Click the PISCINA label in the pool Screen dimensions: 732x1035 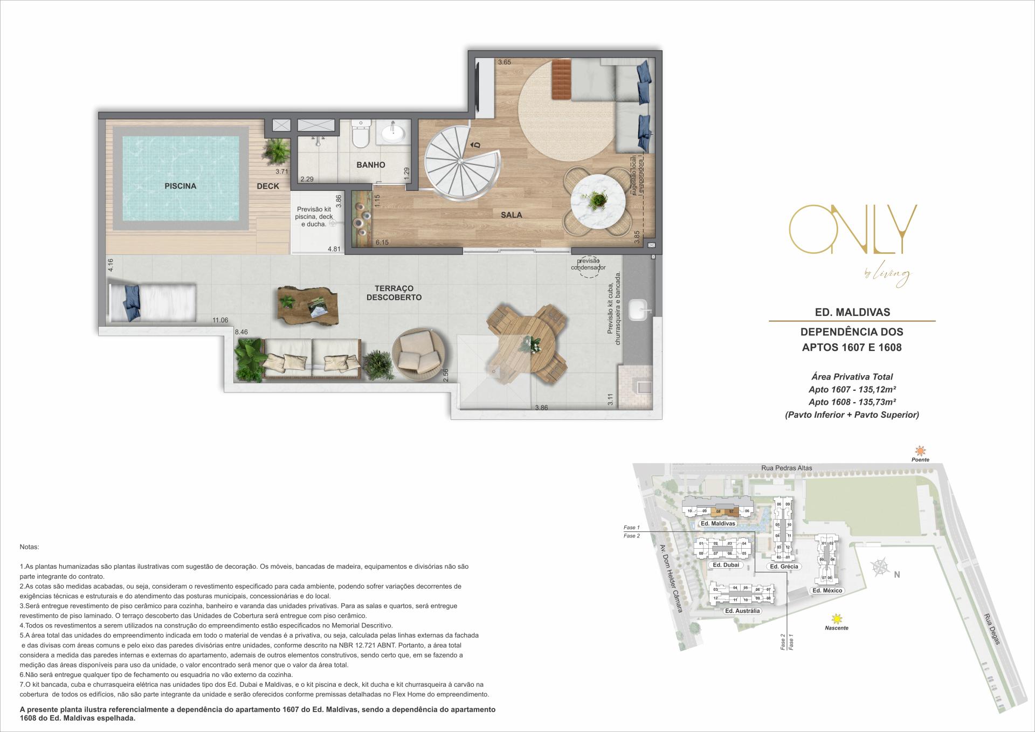coord(180,186)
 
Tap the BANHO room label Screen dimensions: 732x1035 coord(371,165)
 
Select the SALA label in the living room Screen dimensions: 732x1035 coord(511,215)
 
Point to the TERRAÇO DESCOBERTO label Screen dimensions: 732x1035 coord(394,293)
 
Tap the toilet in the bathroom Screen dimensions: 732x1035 coord(360,135)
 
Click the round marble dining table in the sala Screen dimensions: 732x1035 coord(598,202)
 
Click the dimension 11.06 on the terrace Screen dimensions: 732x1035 coord(220,320)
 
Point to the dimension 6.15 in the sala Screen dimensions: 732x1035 coord(382,243)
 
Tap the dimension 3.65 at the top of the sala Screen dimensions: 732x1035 coord(504,63)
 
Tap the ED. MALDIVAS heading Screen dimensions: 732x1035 coord(852,312)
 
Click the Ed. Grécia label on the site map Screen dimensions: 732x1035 coord(784,567)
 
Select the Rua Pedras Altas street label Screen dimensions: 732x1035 coord(786,468)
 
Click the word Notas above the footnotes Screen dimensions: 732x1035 coord(29,547)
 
